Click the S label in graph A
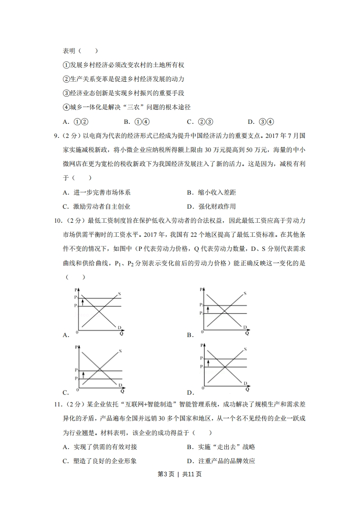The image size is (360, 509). pyautogui.click(x=119, y=294)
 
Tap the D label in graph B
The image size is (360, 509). pyautogui.click(x=244, y=327)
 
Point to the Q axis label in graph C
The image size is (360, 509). pyautogui.click(x=122, y=391)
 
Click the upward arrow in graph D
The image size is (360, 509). pyautogui.click(x=208, y=362)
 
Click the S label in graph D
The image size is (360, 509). pyautogui.click(x=245, y=349)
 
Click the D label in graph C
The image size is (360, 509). pyautogui.click(x=120, y=385)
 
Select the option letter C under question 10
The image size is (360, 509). pyautogui.click(x=65, y=393)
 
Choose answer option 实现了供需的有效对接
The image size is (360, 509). pyautogui.click(x=105, y=447)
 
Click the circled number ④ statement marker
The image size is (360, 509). pyautogui.click(x=66, y=107)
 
